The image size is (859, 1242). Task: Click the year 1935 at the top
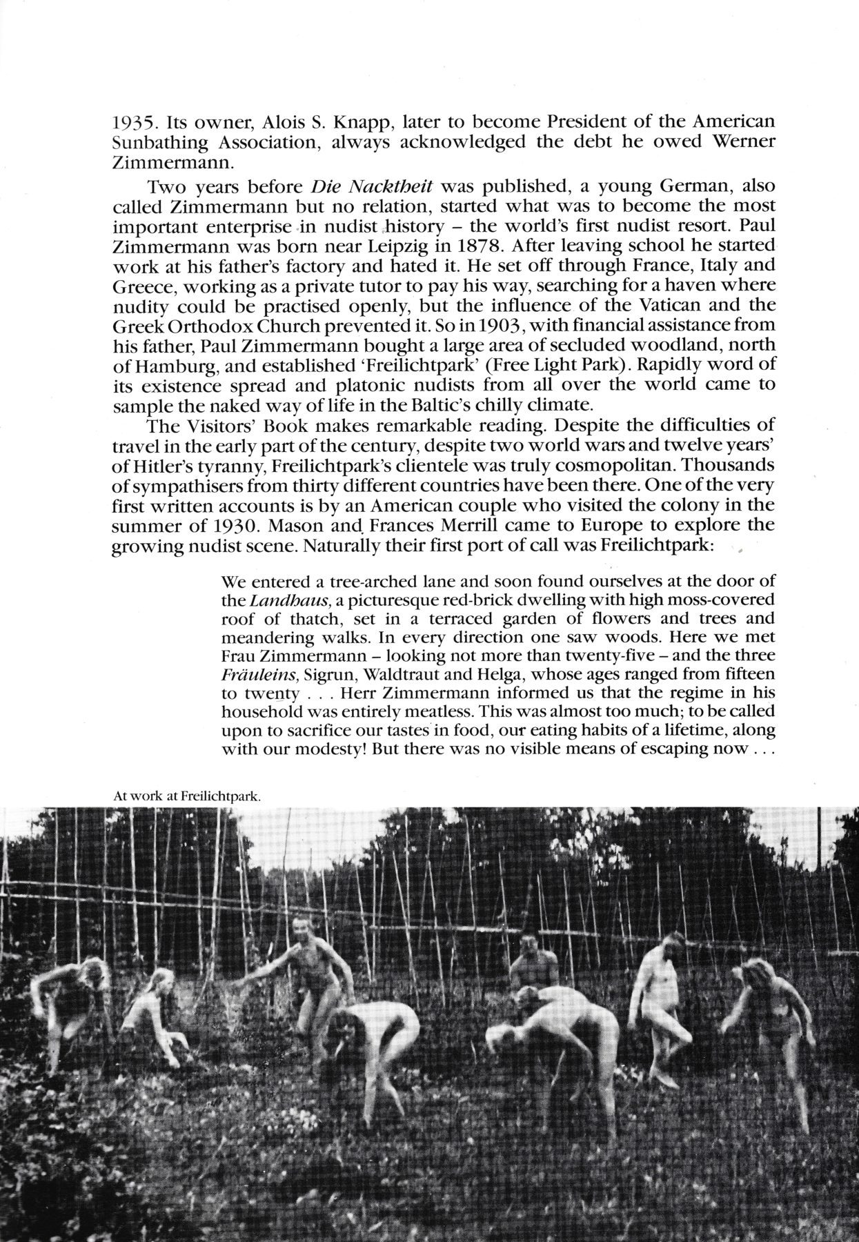(x=132, y=124)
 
